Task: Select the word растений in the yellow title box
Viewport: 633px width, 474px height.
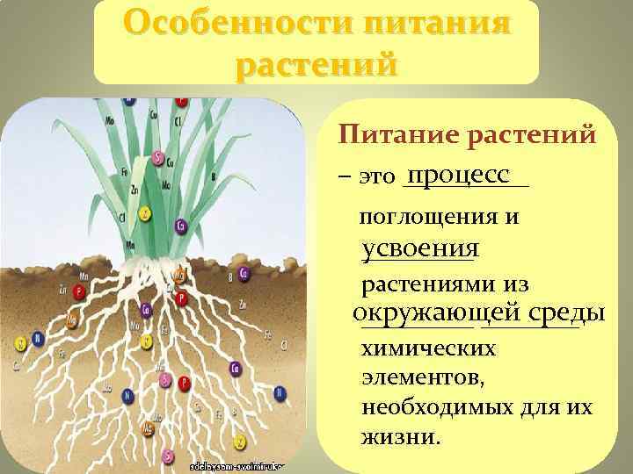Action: [316, 63]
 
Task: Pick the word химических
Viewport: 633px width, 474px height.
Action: [429, 348]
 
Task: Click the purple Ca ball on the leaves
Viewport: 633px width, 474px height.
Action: [180, 225]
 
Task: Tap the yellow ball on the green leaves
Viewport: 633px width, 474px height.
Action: [145, 213]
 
